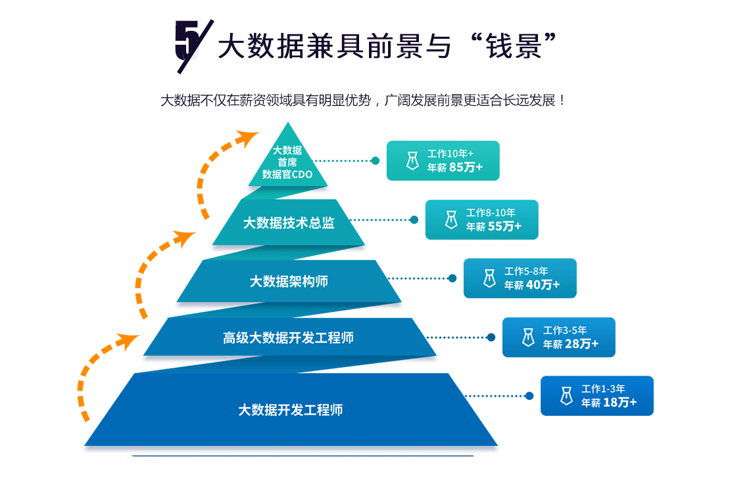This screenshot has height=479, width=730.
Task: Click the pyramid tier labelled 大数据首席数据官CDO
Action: [287, 163]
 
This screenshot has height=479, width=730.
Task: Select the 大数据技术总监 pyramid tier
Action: [289, 223]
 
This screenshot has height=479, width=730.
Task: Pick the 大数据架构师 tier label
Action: [289, 282]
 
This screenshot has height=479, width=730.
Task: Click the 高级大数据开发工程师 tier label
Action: [288, 338]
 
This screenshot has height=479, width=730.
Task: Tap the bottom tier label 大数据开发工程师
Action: [290, 410]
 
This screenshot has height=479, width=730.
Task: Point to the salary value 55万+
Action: [505, 226]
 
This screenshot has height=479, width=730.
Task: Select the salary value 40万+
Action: [543, 285]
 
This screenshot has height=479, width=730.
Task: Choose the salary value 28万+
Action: [582, 344]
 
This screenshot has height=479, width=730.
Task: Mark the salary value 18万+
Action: [620, 403]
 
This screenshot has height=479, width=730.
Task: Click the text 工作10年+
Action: [450, 153]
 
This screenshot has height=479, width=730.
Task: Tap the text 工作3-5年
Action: [565, 330]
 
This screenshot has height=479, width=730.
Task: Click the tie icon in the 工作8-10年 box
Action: [451, 220]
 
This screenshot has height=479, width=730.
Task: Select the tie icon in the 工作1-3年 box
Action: [566, 396]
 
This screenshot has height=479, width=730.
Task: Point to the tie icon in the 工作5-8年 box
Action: [489, 278]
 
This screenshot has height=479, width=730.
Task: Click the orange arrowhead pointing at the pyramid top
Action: [249, 138]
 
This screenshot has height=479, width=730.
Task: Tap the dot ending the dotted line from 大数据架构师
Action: [452, 278]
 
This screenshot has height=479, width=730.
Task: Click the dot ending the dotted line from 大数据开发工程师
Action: [529, 396]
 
